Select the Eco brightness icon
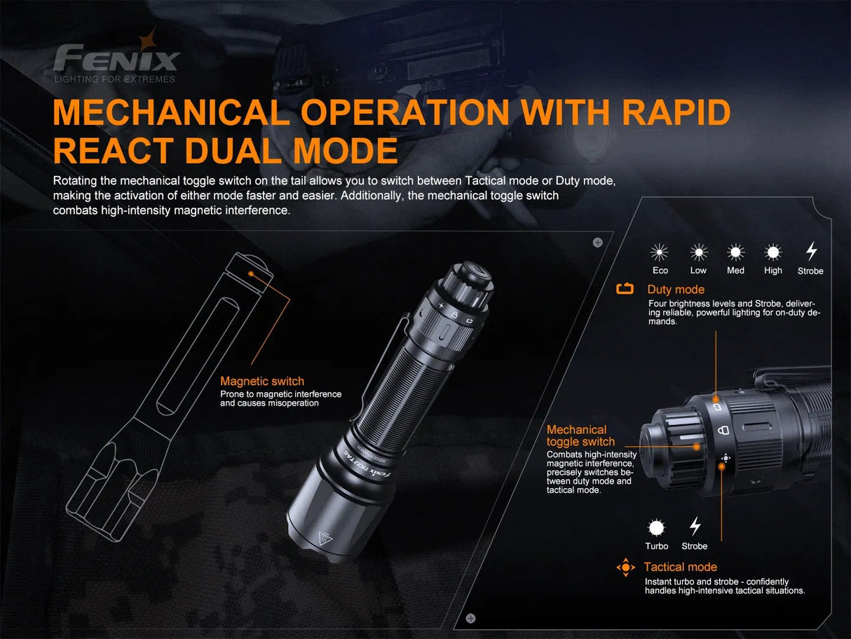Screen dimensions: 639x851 tap(660, 253)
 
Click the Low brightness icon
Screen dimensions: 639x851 tap(698, 253)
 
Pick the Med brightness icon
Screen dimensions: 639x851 tap(735, 253)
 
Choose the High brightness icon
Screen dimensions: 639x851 tap(773, 253)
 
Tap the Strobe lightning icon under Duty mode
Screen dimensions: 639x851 tap(811, 252)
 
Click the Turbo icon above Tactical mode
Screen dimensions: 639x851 tap(656, 527)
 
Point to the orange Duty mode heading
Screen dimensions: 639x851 tap(676, 290)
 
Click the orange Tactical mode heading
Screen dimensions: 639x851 tap(680, 567)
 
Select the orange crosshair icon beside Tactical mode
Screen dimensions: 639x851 tap(625, 567)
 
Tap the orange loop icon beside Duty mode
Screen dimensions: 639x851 tap(625, 289)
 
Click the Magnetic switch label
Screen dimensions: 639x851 tap(262, 381)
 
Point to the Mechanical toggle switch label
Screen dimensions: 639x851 tap(580, 436)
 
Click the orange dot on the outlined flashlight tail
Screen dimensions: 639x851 tap(250, 270)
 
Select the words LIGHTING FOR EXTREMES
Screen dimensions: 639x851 tap(115, 79)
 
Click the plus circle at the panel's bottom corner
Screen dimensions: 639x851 tap(470, 618)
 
